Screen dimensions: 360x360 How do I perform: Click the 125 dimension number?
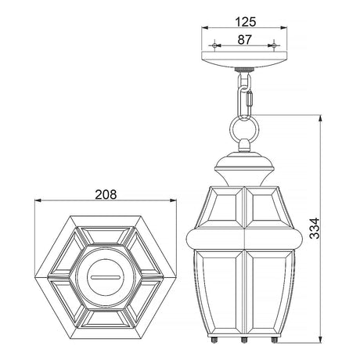coord(246,22)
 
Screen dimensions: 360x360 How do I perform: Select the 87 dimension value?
coord(244,40)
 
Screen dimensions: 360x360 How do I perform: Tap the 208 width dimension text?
coord(106,195)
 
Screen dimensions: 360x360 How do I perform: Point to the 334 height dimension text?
coord(315,228)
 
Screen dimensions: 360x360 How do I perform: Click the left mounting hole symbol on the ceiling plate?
coord(214,45)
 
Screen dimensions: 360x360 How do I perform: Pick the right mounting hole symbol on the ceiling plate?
coord(274,45)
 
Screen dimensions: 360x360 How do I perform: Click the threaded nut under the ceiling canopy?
coord(244,70)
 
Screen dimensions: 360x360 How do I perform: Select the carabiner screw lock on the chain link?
coord(250,99)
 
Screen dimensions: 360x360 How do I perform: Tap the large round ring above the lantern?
coord(230,130)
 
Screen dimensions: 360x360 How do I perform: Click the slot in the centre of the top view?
coord(106,277)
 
